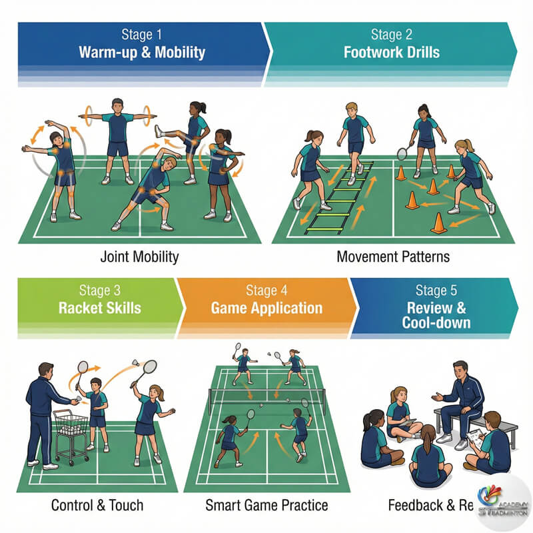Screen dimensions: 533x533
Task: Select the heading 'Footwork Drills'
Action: pos(391,51)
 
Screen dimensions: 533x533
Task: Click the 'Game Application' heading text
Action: pos(266,308)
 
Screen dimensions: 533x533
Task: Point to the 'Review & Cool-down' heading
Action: pos(436,314)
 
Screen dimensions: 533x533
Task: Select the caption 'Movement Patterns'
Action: pos(393,256)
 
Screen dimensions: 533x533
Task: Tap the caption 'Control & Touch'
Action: pos(97,505)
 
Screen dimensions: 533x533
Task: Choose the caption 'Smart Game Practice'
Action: pos(266,505)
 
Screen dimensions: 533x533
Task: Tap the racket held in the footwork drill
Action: pos(402,153)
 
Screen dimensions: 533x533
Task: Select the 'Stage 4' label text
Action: pos(266,290)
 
